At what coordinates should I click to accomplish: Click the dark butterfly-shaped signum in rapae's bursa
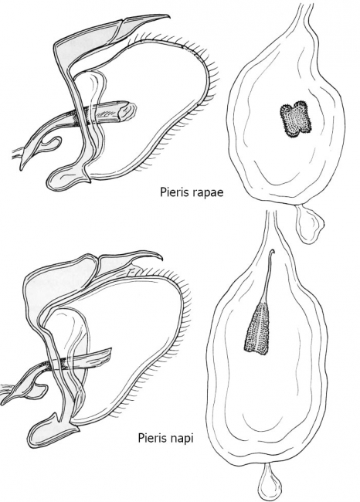pos(296,120)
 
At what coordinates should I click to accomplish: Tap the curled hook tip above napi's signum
pos(272,253)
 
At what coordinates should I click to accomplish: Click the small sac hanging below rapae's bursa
pos(309,223)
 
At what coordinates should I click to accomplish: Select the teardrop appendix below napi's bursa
pos(270,483)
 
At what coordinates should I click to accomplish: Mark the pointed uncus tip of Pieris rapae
pos(168,15)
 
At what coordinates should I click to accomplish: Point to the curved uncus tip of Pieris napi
pos(161,258)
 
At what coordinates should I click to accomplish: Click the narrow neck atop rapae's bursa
pos(304,13)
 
